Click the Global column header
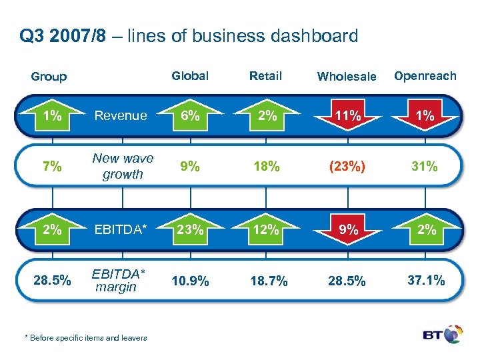point(190,76)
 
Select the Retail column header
point(265,76)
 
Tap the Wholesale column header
point(347,77)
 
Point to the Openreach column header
point(425,75)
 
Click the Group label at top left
point(49,77)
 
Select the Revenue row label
point(121,115)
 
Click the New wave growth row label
point(123,166)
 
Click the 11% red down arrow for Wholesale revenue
point(347,116)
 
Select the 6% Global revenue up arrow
point(190,115)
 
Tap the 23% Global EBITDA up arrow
point(190,230)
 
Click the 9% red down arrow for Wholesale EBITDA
point(347,231)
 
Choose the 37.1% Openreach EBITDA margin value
point(425,281)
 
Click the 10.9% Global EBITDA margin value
point(190,281)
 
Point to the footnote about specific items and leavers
point(86,338)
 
